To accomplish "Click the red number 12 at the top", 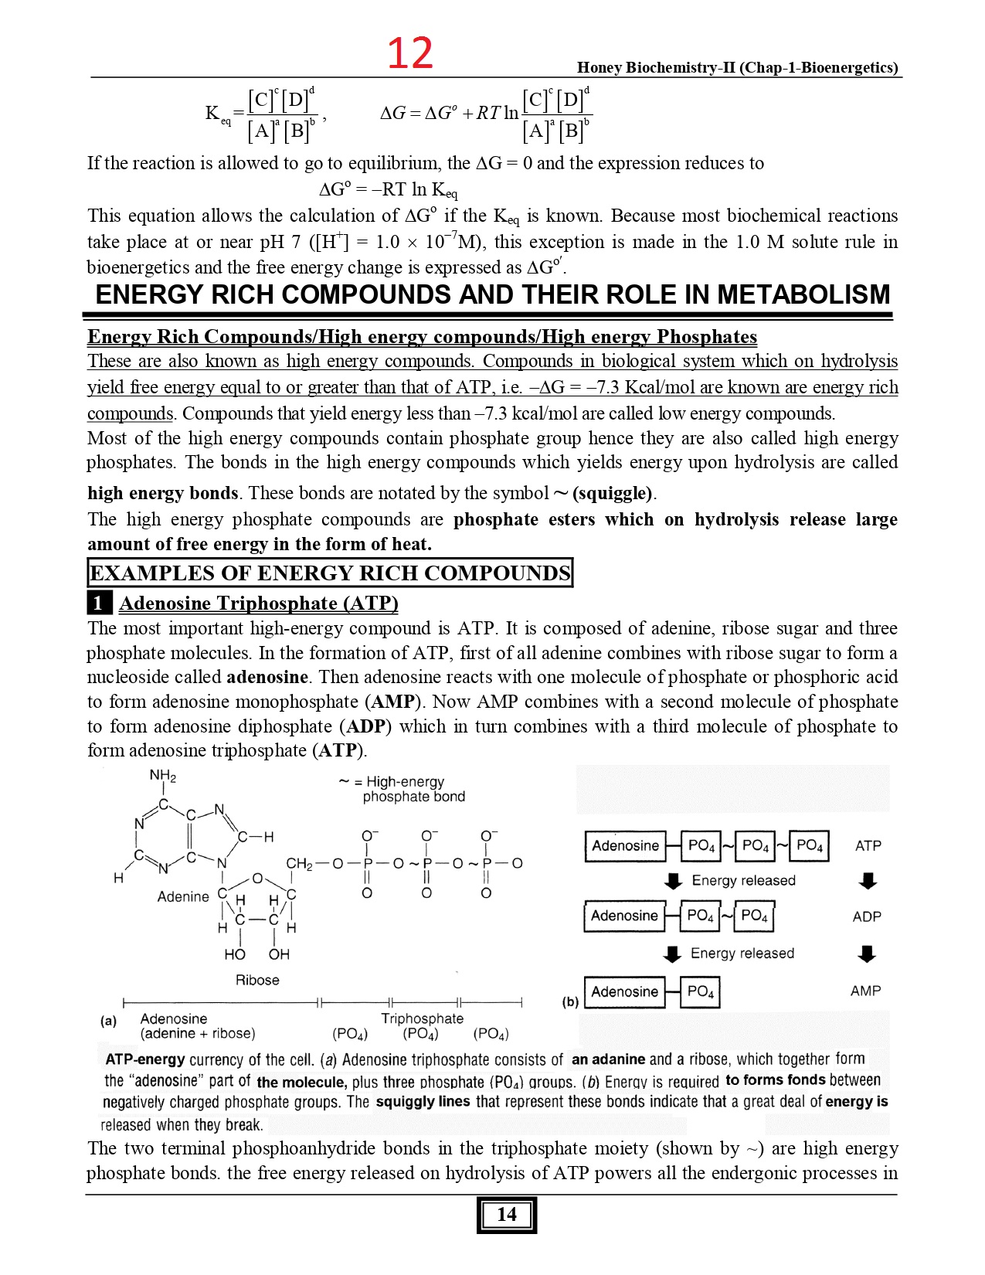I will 409,53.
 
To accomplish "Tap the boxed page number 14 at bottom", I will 506,1214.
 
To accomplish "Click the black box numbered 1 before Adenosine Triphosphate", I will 99,603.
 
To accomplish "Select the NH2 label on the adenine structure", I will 163,776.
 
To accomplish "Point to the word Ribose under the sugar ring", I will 257,980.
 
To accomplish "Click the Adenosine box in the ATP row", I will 625,845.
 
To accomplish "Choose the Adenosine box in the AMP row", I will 624,991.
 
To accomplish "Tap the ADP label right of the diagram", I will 867,916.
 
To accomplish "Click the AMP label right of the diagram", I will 865,991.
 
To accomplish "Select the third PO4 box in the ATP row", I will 810,845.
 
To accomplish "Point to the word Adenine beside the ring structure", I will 183,896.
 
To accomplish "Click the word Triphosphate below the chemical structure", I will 422,1018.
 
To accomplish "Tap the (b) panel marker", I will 570,1002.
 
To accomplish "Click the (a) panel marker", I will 109,1020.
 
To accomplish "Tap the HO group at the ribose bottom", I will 235,954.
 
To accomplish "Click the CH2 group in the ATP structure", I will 299,863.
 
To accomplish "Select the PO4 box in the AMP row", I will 700,991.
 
